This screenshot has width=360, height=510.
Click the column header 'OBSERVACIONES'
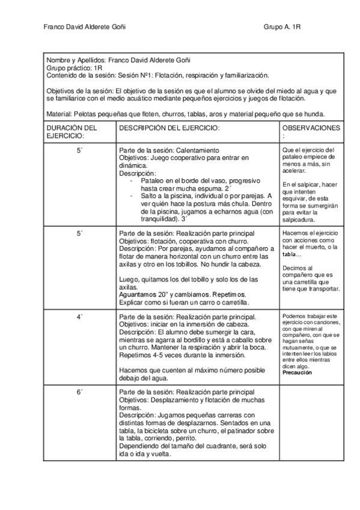click(x=311, y=128)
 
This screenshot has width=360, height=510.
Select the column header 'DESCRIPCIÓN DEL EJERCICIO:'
click(x=169, y=128)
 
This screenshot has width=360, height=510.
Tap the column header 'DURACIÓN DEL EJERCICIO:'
click(x=72, y=132)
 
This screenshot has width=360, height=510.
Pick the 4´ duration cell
click(x=79, y=316)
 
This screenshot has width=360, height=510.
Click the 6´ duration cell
click(x=79, y=392)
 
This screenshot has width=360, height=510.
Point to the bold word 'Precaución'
click(x=297, y=372)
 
